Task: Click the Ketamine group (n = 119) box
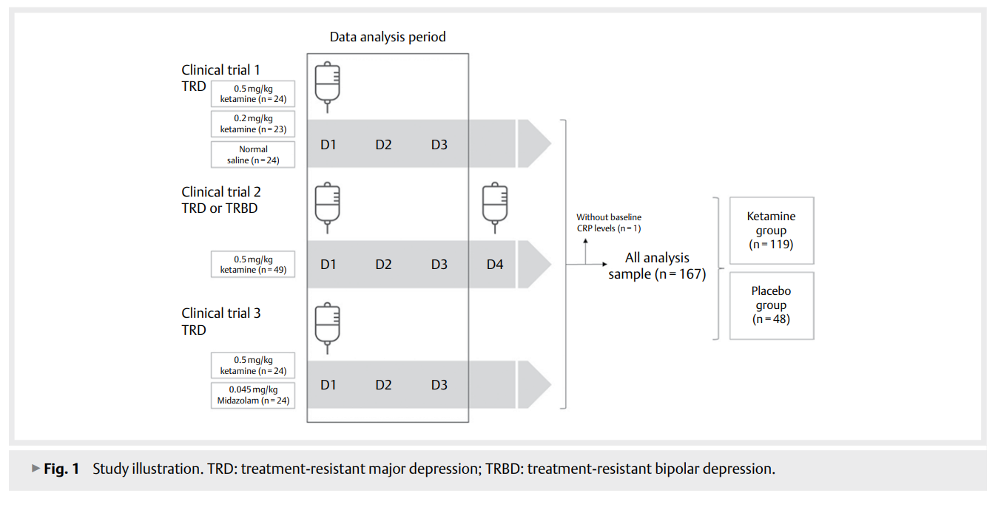click(771, 231)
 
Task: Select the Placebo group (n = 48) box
click(771, 305)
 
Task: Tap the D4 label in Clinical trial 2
click(495, 264)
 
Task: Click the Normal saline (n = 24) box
click(253, 154)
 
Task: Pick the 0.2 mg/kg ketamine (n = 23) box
click(253, 123)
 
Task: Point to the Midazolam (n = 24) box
click(253, 395)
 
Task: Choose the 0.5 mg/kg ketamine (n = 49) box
click(253, 265)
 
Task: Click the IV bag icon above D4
click(495, 203)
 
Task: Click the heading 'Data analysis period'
click(388, 37)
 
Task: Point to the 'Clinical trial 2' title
click(221, 192)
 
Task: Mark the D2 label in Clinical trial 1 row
click(383, 144)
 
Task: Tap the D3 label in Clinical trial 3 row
click(439, 385)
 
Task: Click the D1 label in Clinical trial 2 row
click(328, 264)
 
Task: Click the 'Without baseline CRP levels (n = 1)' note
click(609, 222)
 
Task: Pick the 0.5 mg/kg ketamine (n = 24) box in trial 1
click(253, 94)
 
